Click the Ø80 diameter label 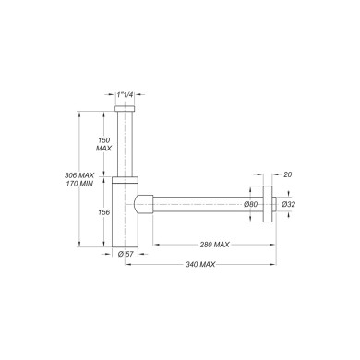[249, 204]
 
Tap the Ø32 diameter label [287, 204]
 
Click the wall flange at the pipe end [268, 204]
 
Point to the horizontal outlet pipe [203, 204]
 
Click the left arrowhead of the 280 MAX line [155, 246]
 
